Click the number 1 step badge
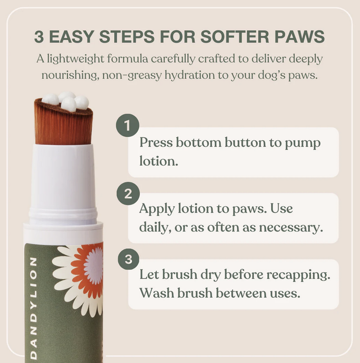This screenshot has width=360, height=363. tap(127, 125)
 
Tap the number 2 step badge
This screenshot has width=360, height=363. tap(127, 194)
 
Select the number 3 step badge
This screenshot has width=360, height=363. tap(127, 259)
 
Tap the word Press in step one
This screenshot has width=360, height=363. tap(156, 143)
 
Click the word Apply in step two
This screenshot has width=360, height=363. tap(156, 209)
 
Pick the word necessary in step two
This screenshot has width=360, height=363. tap(289, 227)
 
